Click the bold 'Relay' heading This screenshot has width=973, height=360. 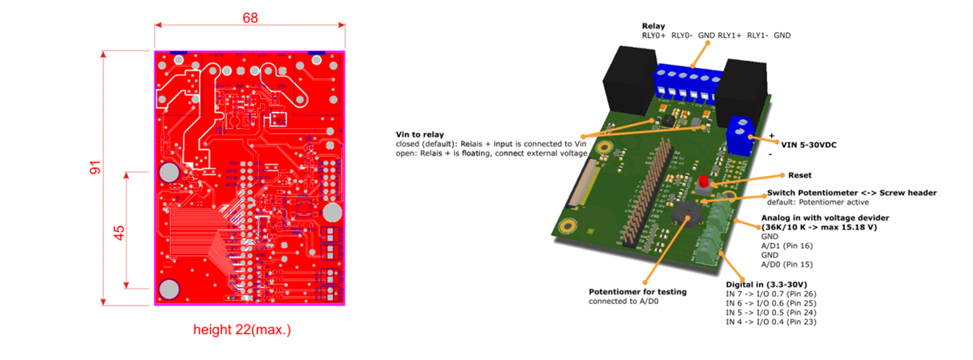pos(654,26)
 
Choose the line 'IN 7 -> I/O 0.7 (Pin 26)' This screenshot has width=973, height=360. pos(782,294)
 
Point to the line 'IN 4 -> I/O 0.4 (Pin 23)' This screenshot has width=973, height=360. pos(782,322)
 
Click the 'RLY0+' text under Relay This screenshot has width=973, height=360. pos(654,36)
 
